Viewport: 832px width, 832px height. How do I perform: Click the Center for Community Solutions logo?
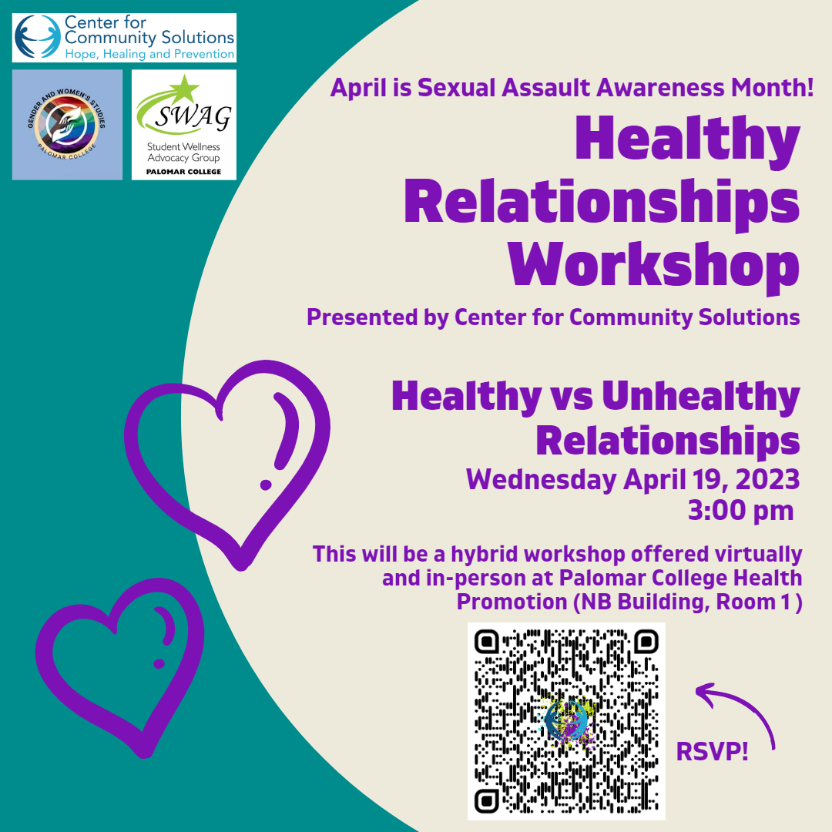coord(124,38)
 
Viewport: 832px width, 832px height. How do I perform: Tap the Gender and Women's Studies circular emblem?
coord(67,125)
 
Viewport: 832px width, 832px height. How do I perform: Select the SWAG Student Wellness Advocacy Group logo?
coord(183,125)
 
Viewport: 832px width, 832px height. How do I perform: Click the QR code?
coord(566,721)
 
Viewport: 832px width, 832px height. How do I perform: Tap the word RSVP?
coord(712,752)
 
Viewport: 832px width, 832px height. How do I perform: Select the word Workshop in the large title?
coord(654,265)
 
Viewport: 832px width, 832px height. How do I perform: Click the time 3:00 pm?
coord(741,511)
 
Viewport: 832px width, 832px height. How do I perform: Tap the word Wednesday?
coord(542,480)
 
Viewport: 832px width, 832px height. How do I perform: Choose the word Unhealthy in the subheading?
coord(700,397)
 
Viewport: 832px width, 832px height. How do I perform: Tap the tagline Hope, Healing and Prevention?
coord(149,54)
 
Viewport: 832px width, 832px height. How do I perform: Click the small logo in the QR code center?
coord(566,720)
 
